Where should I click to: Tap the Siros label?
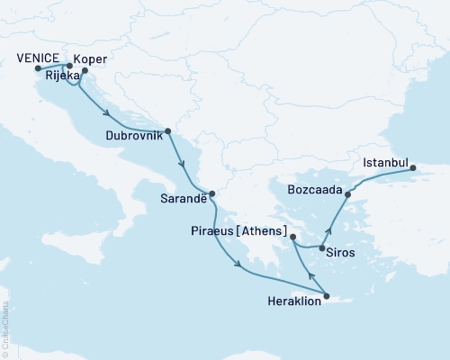pyautogui.click(x=340, y=253)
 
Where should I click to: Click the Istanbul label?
pyautogui.click(x=384, y=163)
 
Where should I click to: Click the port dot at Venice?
pyautogui.click(x=37, y=68)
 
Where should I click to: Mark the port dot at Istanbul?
pyautogui.click(x=413, y=168)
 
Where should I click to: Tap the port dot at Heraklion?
pyautogui.click(x=326, y=297)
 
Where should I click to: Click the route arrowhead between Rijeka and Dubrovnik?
pyautogui.click(x=107, y=113)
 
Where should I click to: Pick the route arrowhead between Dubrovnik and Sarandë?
pyautogui.click(x=184, y=166)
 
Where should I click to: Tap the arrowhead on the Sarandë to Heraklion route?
pyautogui.click(x=238, y=264)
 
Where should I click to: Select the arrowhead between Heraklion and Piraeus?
pyautogui.click(x=310, y=276)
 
